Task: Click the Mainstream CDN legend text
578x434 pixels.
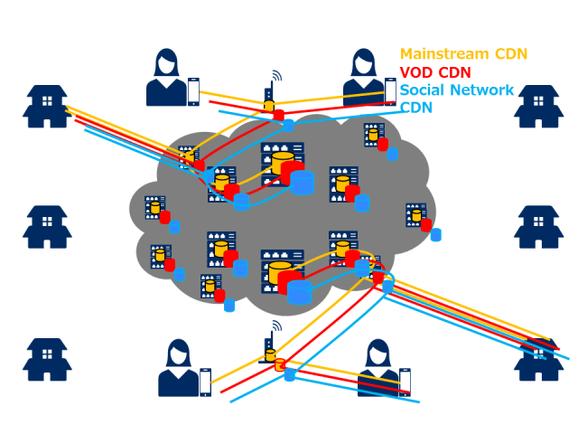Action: pyautogui.click(x=463, y=54)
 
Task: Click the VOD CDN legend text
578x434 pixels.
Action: pyautogui.click(x=435, y=72)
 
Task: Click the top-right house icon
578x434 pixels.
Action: pyautogui.click(x=538, y=107)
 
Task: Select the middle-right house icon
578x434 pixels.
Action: pyautogui.click(x=538, y=227)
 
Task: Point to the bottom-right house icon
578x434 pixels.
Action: pyautogui.click(x=538, y=360)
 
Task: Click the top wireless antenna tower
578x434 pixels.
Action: pyautogui.click(x=269, y=93)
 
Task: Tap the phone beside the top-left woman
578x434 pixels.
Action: pyautogui.click(x=193, y=92)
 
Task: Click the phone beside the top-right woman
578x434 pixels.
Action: pyautogui.click(x=390, y=92)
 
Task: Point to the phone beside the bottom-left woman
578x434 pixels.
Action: pyautogui.click(x=205, y=382)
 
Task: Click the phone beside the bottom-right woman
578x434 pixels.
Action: pyautogui.click(x=405, y=382)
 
